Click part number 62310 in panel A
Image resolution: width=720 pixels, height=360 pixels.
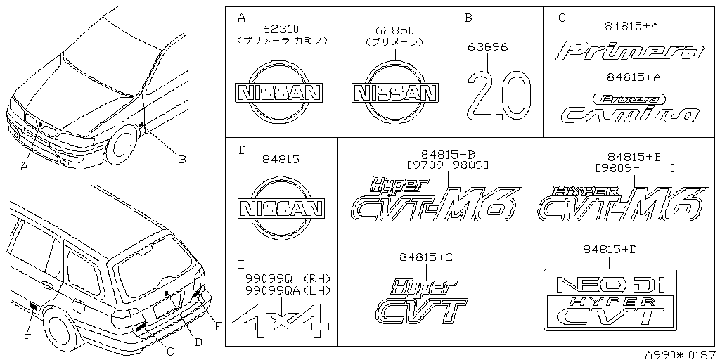coord(281,29)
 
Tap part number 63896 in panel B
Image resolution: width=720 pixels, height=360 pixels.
coord(489,48)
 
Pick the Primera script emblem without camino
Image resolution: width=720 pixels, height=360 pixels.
coord(631,51)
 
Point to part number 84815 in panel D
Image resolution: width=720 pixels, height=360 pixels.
coord(281,160)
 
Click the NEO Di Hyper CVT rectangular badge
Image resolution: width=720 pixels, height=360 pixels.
coord(610,300)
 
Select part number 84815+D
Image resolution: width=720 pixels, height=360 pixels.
coord(609,250)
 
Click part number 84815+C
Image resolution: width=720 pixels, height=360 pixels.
coord(425,257)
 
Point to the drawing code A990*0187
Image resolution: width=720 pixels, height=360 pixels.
coord(681,354)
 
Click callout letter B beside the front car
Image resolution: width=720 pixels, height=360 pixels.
coord(182,160)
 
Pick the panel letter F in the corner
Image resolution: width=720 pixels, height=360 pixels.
coord(353,150)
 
